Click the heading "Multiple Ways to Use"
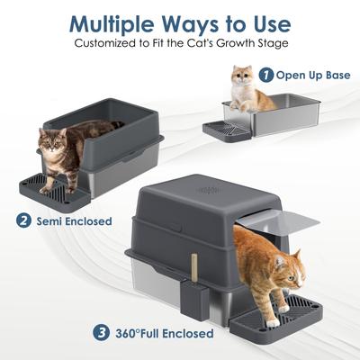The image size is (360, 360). [179, 22]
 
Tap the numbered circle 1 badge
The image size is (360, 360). [267, 75]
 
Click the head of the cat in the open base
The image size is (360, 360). [241, 76]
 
